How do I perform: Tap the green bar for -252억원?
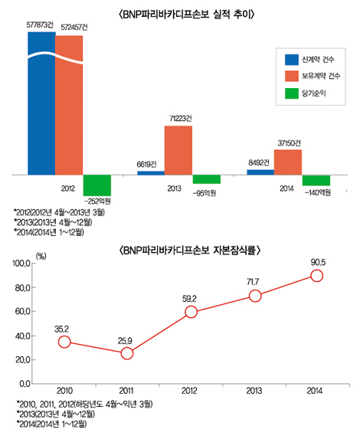pyautogui.click(x=97, y=184)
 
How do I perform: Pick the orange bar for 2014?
pyautogui.click(x=287, y=161)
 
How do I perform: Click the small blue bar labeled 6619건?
pyautogui.click(x=150, y=172)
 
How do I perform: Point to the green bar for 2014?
pyautogui.click(x=316, y=180)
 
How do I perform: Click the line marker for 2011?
pyautogui.click(x=127, y=353)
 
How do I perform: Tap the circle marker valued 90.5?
pyautogui.click(x=316, y=275)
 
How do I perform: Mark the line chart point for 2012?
pyautogui.click(x=191, y=312)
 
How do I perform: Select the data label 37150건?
pyautogui.click(x=288, y=143)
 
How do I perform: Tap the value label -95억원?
pyautogui.click(x=208, y=193)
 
